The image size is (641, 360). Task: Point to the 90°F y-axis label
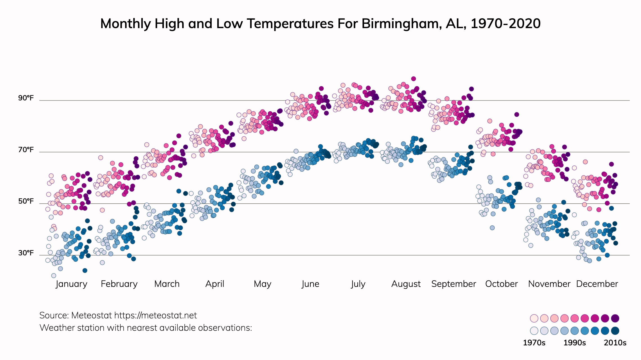26,98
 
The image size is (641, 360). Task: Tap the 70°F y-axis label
26,150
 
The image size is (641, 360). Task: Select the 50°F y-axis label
26,201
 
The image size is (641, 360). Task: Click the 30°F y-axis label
26,253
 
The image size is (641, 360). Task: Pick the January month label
71,284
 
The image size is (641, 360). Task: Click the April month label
215,284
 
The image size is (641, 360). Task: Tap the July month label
358,284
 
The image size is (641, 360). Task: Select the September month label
453,284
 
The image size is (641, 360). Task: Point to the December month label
597,284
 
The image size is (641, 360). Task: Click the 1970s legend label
534,343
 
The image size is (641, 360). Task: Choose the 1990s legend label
575,343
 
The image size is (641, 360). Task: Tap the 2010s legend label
615,343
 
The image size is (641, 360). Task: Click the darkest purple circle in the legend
615,318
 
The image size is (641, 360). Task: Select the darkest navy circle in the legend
615,331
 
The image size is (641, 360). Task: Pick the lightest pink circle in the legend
534,318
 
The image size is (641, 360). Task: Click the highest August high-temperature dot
413,79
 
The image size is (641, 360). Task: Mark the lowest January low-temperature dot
54,276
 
